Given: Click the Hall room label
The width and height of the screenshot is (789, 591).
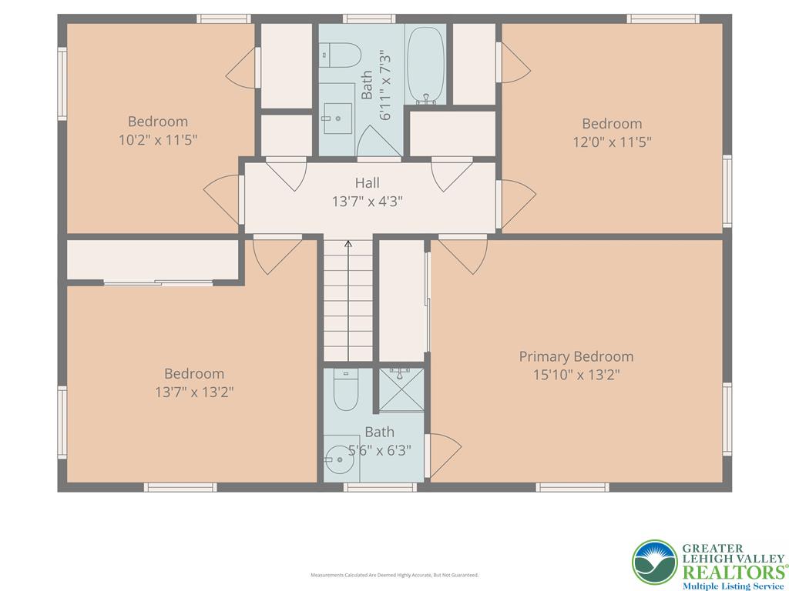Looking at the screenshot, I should click(x=367, y=183).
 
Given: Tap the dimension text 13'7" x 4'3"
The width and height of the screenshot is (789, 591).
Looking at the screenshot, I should click(x=367, y=202).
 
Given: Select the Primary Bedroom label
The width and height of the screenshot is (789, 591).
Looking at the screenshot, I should click(x=576, y=356).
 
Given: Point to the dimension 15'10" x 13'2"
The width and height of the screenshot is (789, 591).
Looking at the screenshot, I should click(x=576, y=375).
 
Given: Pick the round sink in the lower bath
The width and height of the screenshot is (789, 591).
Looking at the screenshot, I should click(x=337, y=461).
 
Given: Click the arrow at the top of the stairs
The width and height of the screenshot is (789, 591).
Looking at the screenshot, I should click(x=348, y=245).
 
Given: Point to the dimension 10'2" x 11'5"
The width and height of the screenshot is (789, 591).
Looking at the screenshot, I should click(x=158, y=139).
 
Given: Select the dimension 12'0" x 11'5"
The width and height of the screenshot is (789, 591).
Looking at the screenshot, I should click(x=612, y=142).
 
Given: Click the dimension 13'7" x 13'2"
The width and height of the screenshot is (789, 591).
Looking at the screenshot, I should click(x=194, y=392).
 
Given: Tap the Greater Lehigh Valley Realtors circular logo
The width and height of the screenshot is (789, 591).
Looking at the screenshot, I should click(x=655, y=563).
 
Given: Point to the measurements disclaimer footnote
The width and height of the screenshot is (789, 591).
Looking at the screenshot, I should click(x=394, y=575).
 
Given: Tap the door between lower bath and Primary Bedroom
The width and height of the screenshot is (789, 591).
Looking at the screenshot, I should click(x=443, y=454).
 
